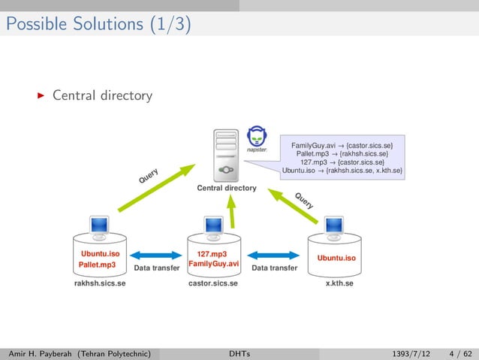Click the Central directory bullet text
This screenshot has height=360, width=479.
point(102,96)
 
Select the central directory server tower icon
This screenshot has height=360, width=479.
point(227,154)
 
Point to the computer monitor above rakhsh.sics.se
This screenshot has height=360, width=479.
point(99,225)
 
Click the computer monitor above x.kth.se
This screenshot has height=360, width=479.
point(334,225)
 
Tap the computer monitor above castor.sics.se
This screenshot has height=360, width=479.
point(214,225)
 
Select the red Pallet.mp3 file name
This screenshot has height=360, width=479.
point(97,265)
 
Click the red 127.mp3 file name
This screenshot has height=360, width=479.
point(212,254)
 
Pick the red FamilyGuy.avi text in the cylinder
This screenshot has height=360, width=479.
point(213,265)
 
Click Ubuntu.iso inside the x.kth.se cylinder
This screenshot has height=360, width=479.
point(336,259)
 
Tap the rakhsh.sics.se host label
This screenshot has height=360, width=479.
point(99,284)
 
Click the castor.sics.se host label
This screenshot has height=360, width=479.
point(213,284)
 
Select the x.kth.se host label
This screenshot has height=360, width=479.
point(339,284)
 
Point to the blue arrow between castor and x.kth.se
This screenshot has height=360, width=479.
point(274,256)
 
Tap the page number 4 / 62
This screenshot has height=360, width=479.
point(457,352)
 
